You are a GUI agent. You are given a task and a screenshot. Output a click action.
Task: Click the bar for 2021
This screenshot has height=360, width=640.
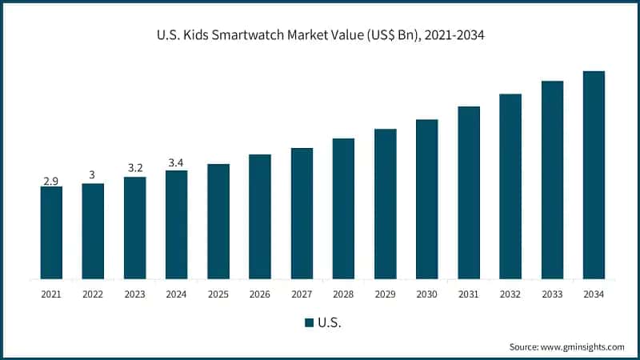click(x=51, y=233)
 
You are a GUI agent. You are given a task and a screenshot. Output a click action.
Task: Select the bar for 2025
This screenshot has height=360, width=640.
click(x=218, y=222)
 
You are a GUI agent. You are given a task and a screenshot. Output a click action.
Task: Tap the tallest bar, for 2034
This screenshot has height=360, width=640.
click(x=594, y=175)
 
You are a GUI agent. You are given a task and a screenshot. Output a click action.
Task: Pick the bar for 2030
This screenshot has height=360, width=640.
click(x=427, y=199)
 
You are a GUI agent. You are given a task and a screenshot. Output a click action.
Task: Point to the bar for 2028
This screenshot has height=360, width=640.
click(x=343, y=209)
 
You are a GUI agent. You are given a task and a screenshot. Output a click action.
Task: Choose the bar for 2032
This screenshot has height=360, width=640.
click(x=510, y=186)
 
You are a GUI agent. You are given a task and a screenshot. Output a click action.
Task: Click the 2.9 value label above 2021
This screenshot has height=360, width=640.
click(x=51, y=181)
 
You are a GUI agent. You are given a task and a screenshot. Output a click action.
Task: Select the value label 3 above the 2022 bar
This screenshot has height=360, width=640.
click(x=93, y=175)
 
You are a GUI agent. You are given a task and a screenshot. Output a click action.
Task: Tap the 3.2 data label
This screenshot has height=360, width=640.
click(x=134, y=169)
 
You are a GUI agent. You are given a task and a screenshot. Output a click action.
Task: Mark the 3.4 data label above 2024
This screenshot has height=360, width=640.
click(x=176, y=163)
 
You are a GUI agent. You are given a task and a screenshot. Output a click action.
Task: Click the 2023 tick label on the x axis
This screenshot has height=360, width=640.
click(x=134, y=294)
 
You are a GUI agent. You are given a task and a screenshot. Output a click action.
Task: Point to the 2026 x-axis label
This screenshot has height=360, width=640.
click(x=260, y=294)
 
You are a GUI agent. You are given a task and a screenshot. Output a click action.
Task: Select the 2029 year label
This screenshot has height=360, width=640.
click(x=385, y=294)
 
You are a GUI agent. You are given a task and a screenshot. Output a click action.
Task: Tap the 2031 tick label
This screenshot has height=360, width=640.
click(x=469, y=294)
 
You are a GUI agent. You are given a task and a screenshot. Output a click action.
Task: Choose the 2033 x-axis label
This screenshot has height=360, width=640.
click(x=552, y=294)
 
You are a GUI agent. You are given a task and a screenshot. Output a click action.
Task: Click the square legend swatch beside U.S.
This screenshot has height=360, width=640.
click(x=309, y=323)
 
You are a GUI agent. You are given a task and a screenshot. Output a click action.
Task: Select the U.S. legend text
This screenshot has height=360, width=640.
click(x=329, y=323)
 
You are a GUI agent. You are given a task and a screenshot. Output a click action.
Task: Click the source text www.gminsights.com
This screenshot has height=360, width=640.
click(x=584, y=346)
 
